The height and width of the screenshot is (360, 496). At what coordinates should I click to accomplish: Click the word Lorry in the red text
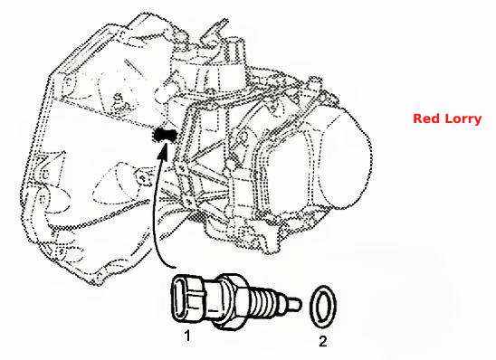(x=463, y=119)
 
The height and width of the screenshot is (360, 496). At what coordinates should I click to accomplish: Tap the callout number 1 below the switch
(x=187, y=336)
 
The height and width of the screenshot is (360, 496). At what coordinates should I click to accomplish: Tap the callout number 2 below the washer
(x=322, y=341)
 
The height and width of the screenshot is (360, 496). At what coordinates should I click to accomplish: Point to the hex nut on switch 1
(x=234, y=302)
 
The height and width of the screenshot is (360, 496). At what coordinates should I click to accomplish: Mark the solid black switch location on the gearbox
(x=164, y=135)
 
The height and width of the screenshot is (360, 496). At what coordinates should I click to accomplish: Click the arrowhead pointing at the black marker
(x=163, y=149)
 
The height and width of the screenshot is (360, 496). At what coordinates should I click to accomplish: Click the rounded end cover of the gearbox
(x=345, y=157)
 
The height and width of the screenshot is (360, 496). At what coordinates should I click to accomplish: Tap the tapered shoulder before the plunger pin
(x=283, y=304)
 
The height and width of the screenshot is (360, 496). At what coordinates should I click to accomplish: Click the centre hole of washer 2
(x=323, y=307)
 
